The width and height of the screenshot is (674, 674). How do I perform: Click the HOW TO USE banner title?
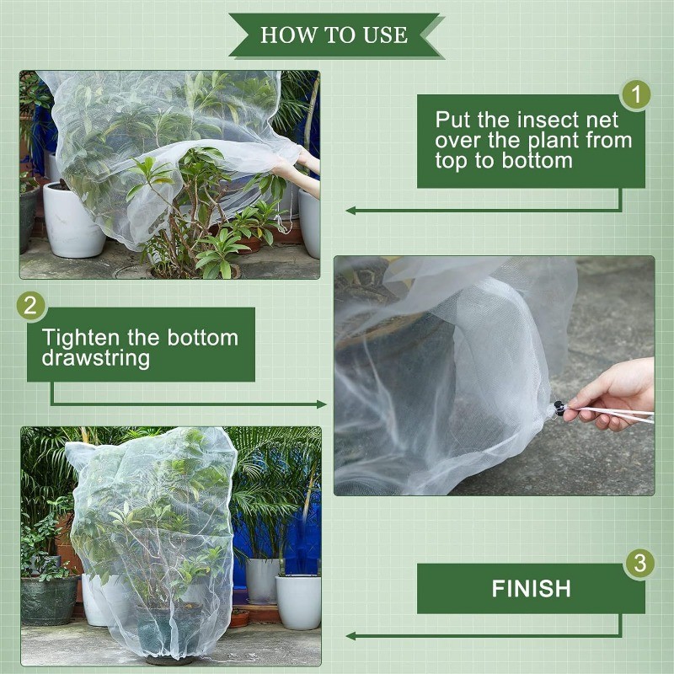tap(334, 35)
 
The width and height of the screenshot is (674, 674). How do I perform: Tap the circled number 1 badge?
tap(635, 94)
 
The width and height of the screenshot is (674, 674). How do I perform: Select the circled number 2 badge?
tap(30, 306)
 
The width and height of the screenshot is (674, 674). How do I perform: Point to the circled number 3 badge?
tap(639, 563)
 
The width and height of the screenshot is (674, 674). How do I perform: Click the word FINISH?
tap(532, 588)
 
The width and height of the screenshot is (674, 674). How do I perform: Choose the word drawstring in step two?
tap(96, 358)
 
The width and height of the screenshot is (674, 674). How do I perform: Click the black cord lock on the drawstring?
tap(559, 408)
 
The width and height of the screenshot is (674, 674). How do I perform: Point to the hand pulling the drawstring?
tap(611, 395)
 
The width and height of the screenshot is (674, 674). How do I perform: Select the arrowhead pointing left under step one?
tap(350, 210)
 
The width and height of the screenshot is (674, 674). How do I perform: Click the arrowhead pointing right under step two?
tap(322, 404)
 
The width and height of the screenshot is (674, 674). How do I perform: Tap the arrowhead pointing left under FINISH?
tap(350, 636)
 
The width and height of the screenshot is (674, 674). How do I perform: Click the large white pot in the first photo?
tap(71, 220)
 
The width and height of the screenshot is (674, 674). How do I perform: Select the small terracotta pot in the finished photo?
tap(239, 618)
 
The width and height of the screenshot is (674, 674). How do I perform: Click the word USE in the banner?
tap(385, 35)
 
